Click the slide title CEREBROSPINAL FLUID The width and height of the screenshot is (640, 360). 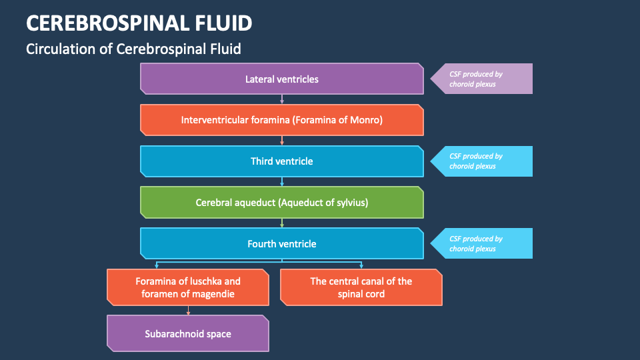click(x=139, y=23)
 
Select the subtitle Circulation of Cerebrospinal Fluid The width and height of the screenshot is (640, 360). click(x=133, y=49)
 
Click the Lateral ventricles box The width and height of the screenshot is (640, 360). click(x=281, y=79)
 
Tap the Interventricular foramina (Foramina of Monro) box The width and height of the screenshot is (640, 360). click(x=281, y=120)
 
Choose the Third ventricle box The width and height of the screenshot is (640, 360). click(x=281, y=161)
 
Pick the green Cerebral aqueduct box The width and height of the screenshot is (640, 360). click(x=281, y=202)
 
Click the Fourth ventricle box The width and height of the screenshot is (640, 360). click(x=281, y=243)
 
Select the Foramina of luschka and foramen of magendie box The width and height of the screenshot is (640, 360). click(x=188, y=287)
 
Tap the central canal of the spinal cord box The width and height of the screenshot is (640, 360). click(x=361, y=287)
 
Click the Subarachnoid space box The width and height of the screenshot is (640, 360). click(x=188, y=333)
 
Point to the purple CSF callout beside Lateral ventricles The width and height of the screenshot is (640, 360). click(x=481, y=79)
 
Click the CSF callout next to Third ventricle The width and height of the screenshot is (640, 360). click(x=481, y=161)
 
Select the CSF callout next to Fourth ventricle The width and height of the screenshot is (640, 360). click(x=481, y=243)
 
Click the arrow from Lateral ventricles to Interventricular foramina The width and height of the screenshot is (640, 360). click(x=282, y=99)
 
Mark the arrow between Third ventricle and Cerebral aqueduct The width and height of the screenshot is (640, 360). click(x=282, y=181)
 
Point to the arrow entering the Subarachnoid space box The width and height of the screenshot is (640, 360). click(x=188, y=310)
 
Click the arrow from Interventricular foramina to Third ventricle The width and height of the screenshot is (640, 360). click(x=282, y=140)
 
